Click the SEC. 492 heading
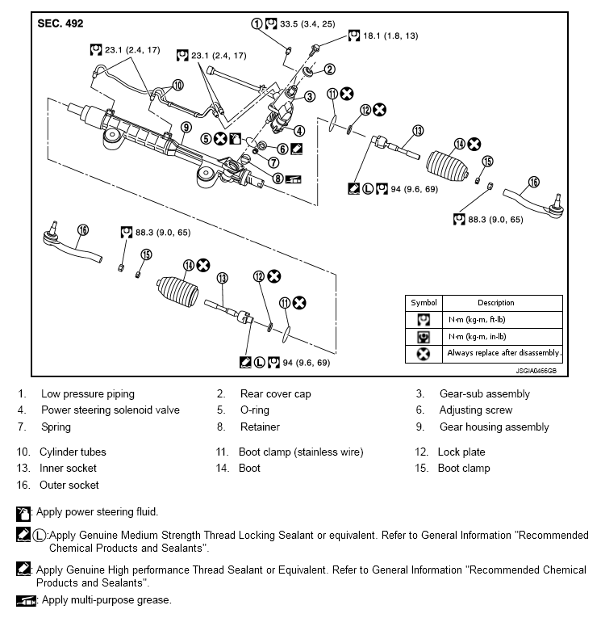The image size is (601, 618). (x=61, y=23)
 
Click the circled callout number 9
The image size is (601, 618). (x=186, y=128)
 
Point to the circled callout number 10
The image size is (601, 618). (x=178, y=85)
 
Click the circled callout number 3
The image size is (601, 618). (x=310, y=97)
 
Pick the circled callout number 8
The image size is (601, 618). (x=278, y=179)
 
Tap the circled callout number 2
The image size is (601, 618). (x=329, y=69)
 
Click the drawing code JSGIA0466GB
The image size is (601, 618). (x=536, y=371)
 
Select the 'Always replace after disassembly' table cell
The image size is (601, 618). (x=503, y=353)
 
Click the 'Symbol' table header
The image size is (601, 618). (x=424, y=303)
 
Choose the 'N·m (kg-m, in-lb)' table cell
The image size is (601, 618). (x=503, y=337)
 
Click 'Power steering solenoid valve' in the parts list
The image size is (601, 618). (x=111, y=410)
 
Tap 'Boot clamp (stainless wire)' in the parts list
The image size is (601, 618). (x=301, y=452)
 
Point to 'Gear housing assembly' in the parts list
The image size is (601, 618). (x=494, y=427)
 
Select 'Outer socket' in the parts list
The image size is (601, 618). (x=69, y=485)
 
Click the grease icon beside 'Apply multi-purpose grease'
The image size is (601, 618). (x=26, y=601)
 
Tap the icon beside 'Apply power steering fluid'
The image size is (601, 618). (x=23, y=514)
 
